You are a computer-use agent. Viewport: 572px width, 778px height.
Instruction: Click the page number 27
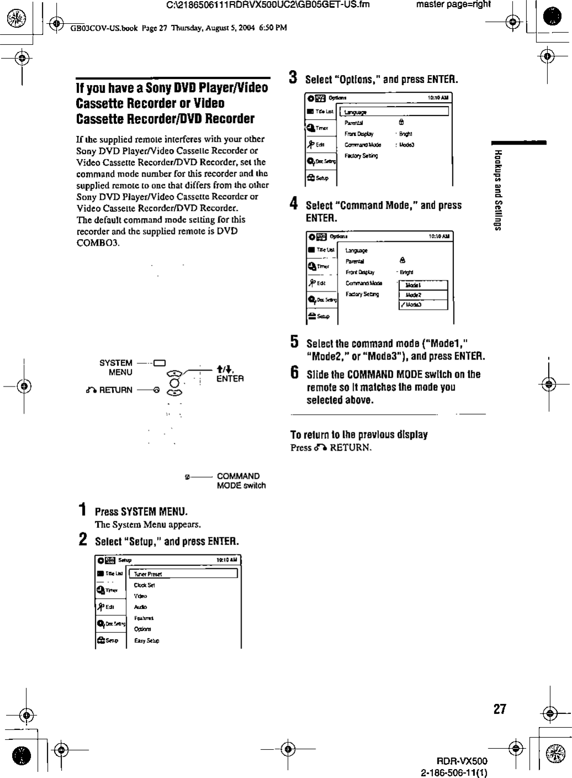coord(500,709)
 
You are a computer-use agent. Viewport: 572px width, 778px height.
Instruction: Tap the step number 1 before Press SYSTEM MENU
coord(82,510)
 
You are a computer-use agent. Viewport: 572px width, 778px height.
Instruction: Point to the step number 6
coord(295,373)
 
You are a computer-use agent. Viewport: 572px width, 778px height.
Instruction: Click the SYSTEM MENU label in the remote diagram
coord(116,368)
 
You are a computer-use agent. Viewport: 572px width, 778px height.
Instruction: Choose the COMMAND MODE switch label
coord(241,481)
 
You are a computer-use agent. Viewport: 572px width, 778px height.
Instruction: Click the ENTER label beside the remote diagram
coord(230,379)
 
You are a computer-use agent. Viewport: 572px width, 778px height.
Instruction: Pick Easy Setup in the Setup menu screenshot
coord(147,641)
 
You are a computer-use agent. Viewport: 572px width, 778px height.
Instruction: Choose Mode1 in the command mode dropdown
coord(414,285)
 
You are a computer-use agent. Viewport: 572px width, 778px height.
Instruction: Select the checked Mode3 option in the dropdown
coord(414,305)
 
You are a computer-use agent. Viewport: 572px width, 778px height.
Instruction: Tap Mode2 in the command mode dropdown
coord(414,295)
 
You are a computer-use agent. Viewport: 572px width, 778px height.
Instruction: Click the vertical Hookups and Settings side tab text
coord(498,190)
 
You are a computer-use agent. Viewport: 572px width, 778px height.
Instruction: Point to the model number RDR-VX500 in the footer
coord(462,761)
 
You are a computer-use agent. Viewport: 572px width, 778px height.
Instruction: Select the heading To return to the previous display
coord(359,435)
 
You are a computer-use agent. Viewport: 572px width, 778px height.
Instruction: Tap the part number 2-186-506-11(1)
coord(454,771)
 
